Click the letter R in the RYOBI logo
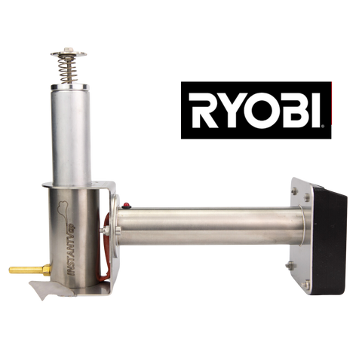coord(204,111)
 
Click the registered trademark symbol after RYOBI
coord(323,127)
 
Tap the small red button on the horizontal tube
coord(127,206)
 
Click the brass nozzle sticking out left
coord(30,270)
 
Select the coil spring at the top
coord(67,69)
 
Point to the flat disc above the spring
coord(69,53)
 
